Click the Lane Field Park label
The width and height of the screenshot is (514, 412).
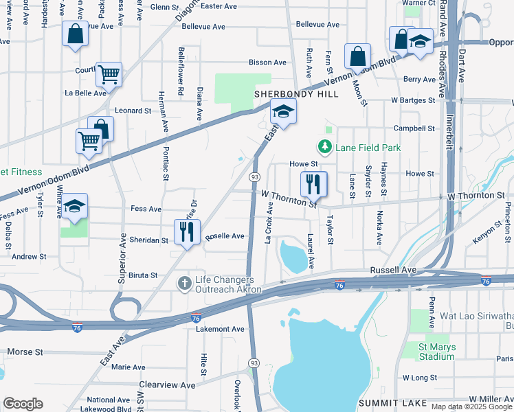pos(368,147)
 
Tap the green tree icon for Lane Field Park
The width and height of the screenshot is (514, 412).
pos(324,147)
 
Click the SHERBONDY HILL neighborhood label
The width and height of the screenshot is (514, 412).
pos(296,94)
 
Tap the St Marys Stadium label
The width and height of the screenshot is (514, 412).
pos(436,352)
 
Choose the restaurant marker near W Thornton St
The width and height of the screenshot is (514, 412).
pos(314,184)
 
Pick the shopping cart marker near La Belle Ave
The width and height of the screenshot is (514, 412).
pos(109,73)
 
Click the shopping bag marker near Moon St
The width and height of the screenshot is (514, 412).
pos(357,56)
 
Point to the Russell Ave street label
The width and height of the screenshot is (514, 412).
pos(394,271)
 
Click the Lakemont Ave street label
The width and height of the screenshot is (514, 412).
pos(220,330)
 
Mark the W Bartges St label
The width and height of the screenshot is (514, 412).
pos(413,100)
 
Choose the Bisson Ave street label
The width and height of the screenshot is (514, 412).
pos(267,62)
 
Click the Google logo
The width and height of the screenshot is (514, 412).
pos(23,404)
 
